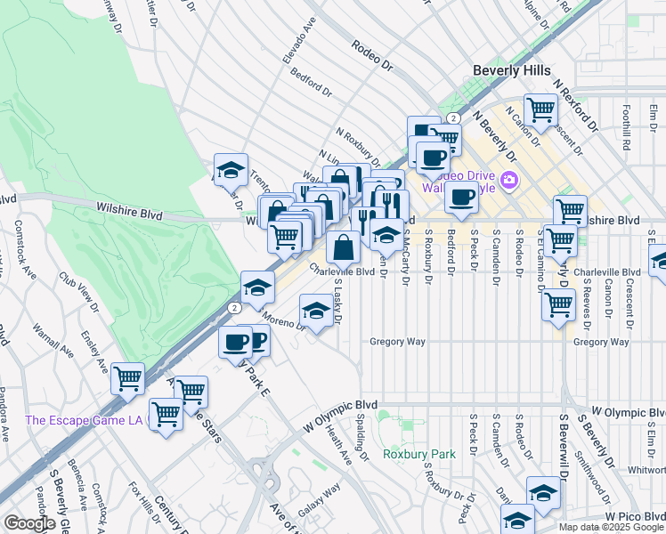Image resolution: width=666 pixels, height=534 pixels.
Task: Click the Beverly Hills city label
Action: [x=511, y=70]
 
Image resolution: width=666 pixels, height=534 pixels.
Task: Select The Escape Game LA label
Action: [x=84, y=420]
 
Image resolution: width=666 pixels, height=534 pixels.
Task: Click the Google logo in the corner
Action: [x=28, y=523]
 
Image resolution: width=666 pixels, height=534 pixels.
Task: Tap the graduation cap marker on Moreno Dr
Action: [x=315, y=311]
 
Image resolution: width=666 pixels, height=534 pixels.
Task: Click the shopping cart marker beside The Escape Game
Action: [x=166, y=414]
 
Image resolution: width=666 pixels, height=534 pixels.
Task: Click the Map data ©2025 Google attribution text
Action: [x=610, y=527]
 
